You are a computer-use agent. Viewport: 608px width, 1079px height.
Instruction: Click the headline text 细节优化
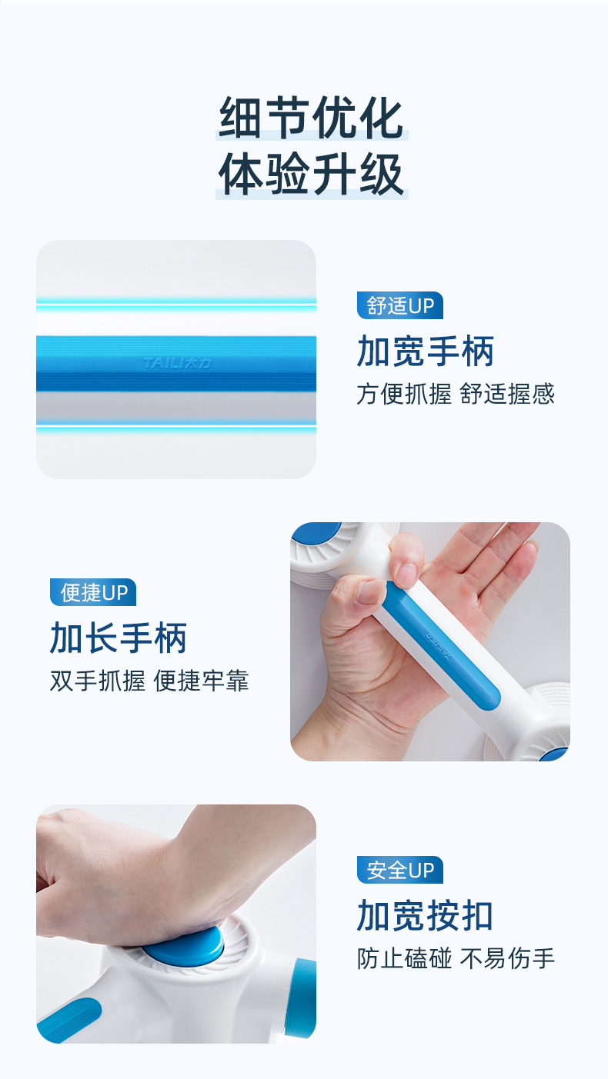(x=312, y=118)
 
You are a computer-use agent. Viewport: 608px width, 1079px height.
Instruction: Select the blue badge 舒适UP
(x=399, y=305)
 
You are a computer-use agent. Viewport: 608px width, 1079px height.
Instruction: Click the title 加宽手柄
(x=426, y=351)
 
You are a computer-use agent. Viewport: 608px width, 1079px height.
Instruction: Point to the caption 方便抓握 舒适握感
(x=456, y=394)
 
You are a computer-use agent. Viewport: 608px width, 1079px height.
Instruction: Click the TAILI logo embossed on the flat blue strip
(x=177, y=363)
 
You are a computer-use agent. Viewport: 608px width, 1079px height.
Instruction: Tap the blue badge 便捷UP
(x=93, y=592)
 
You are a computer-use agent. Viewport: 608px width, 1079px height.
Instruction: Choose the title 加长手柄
(x=119, y=638)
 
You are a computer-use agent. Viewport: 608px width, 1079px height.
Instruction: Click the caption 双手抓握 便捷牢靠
(x=149, y=680)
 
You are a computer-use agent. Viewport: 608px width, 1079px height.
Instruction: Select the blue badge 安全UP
(x=399, y=870)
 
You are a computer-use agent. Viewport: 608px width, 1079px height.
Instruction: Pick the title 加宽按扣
(x=425, y=915)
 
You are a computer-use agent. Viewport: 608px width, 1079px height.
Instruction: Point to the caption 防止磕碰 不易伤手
(x=456, y=957)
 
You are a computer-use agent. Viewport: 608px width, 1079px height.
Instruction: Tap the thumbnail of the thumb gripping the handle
(x=371, y=592)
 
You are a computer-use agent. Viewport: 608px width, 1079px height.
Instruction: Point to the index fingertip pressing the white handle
(x=407, y=573)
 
